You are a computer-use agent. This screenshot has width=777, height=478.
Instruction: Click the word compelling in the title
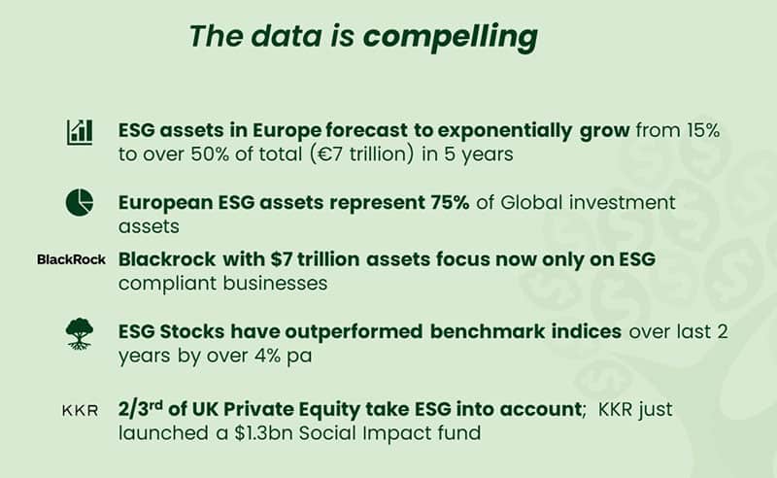click(451, 37)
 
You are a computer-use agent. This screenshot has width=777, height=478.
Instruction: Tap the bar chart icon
click(80, 132)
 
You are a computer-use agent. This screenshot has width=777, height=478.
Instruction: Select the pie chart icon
click(80, 202)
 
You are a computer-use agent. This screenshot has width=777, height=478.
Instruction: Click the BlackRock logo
click(71, 259)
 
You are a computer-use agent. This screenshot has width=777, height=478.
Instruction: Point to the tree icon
click(80, 333)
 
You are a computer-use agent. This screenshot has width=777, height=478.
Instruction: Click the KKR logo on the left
click(80, 411)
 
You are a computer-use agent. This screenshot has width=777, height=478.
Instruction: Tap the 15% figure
click(702, 130)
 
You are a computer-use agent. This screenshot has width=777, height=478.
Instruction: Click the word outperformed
click(354, 331)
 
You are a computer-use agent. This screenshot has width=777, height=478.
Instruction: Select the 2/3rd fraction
click(140, 409)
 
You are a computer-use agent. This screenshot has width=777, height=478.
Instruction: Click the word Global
click(531, 202)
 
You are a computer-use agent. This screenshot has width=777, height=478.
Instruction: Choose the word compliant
click(167, 284)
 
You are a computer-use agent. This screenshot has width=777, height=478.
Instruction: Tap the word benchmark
click(488, 331)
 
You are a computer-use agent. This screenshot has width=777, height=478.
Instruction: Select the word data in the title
click(287, 37)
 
